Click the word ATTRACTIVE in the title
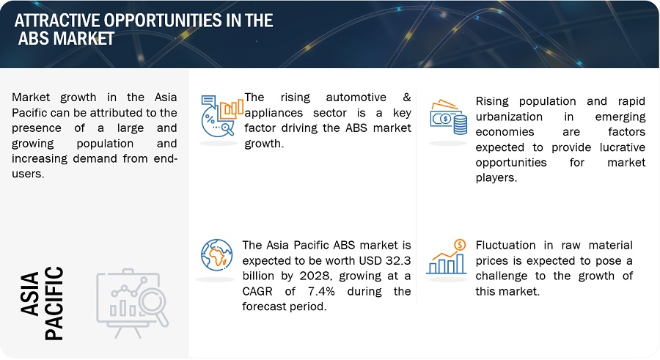[x=57, y=21]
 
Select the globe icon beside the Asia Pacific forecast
[x=217, y=255]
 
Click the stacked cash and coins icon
[x=449, y=117]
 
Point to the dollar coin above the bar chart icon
[x=460, y=245]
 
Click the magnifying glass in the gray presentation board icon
[x=153, y=307]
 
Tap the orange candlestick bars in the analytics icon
[x=231, y=109]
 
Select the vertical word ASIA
[x=29, y=294]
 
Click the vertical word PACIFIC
[x=54, y=303]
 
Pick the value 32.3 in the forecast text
[x=397, y=260]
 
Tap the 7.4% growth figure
[x=321, y=291]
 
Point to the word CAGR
[x=257, y=291]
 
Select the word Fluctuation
[x=505, y=246]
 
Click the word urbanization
[x=509, y=117]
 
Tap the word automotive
[x=356, y=98]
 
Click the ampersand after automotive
[x=406, y=98]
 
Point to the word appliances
[x=274, y=113]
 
